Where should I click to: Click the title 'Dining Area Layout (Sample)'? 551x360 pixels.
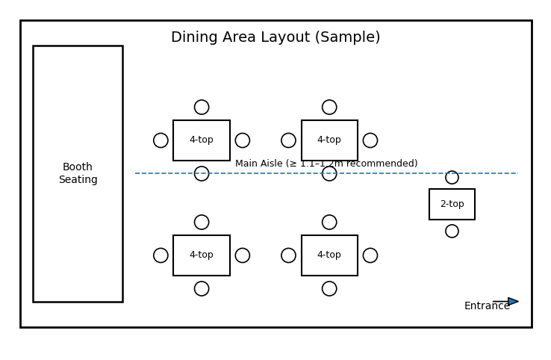coord(275,37)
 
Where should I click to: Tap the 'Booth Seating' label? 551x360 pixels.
coord(78,173)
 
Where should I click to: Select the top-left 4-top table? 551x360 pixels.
coord(202,140)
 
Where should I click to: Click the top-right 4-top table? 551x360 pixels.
coord(329,140)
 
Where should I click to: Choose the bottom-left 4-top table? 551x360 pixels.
coord(202,255)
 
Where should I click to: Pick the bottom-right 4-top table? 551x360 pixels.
coord(329,255)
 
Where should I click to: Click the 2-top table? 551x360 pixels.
coord(452,204)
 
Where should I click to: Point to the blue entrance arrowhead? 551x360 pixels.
coord(513,302)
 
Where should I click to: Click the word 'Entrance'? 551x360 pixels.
coord(487,306)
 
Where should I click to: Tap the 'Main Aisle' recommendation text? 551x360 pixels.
coord(326,164)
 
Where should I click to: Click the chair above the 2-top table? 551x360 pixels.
coord(452,178)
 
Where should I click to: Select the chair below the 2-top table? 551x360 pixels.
coord(452,232)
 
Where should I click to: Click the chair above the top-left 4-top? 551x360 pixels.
coord(202,108)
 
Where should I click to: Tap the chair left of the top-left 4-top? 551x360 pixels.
coord(161,140)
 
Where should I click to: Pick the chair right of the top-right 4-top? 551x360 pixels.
coord(370,140)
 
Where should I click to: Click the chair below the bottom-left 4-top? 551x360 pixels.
coord(202,288)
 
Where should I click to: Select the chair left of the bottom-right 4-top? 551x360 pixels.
coord(288,255)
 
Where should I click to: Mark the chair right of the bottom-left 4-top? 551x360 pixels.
coord(243,255)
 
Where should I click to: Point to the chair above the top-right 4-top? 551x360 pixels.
coord(329,108)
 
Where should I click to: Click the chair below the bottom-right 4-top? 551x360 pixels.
coord(329,288)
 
